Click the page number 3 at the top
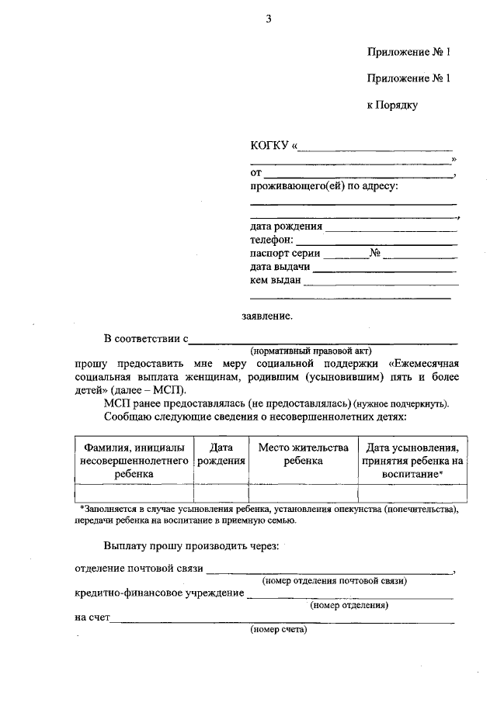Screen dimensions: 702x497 click(x=268, y=19)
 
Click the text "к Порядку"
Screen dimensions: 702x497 click(x=392, y=105)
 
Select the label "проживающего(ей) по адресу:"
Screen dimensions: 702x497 click(x=324, y=186)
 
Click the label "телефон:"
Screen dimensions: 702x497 click(x=271, y=240)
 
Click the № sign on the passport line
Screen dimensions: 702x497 click(x=375, y=253)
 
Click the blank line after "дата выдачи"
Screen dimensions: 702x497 click(x=384, y=269)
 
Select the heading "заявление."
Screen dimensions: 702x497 click(x=267, y=316)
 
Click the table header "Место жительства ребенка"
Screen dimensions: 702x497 click(x=302, y=454)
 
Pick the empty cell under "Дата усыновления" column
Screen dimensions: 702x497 click(x=412, y=493)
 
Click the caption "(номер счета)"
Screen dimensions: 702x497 click(x=279, y=630)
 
